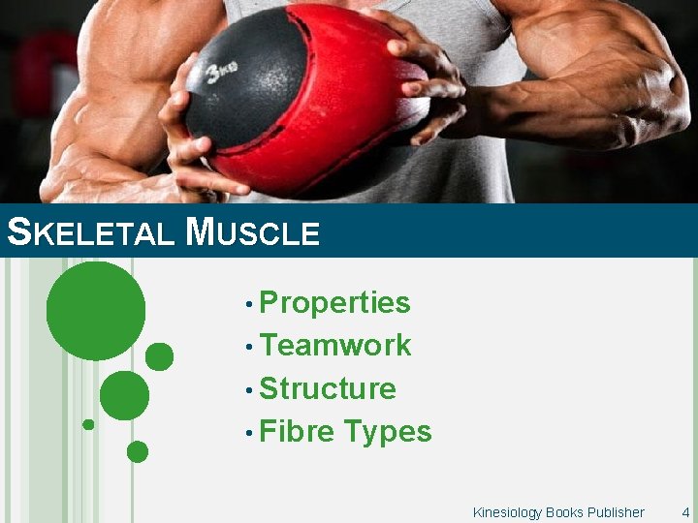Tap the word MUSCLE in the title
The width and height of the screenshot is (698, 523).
pos(253,232)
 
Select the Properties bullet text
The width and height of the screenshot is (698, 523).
pos(334,303)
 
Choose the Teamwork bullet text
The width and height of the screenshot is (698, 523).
pos(335,346)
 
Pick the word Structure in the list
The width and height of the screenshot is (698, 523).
pos(328,388)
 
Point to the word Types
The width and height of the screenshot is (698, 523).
pos(388,432)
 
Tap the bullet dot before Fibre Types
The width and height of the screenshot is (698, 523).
pos(250,433)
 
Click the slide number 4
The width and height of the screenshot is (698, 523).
pos(685,512)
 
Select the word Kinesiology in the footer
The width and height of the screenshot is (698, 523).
pos(507,512)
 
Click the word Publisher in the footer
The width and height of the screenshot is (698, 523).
pos(615,512)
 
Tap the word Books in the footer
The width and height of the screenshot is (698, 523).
pos(563,512)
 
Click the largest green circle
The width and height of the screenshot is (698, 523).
pos(96,311)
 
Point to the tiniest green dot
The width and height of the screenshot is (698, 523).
pos(88,424)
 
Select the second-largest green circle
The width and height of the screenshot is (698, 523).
pos(124,395)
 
